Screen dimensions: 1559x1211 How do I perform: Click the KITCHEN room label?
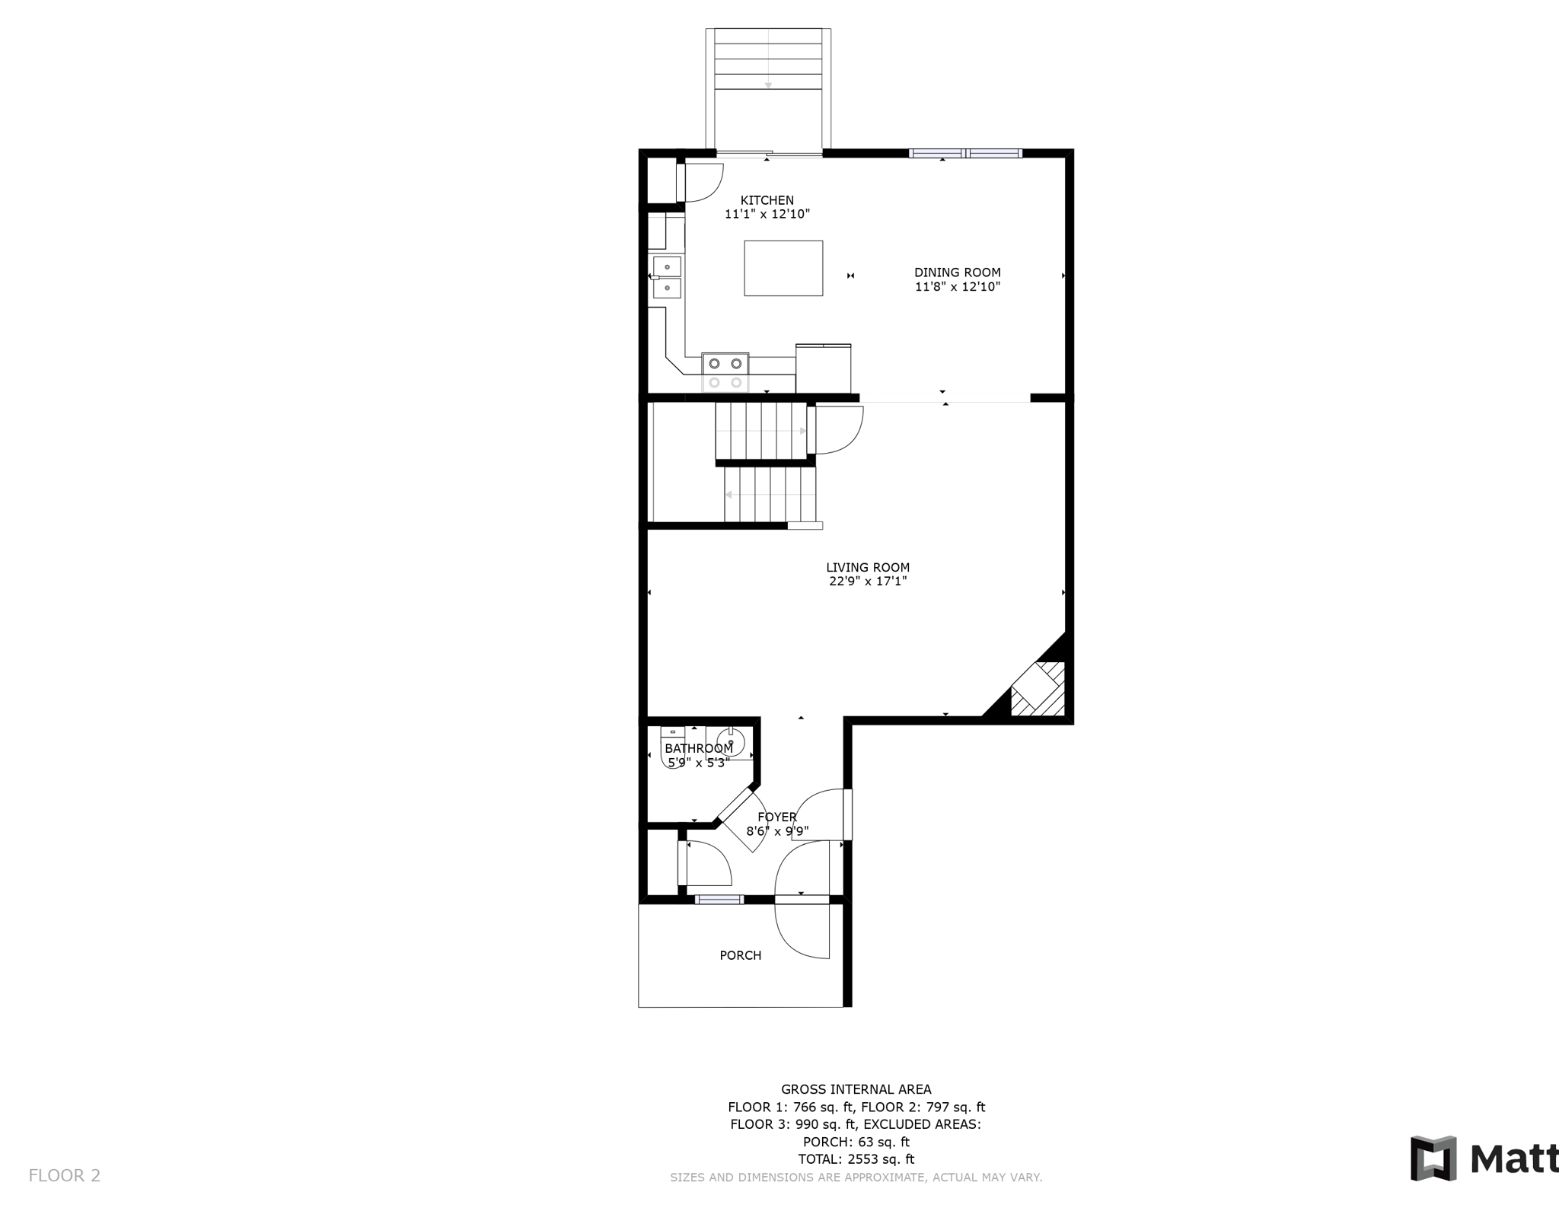click(x=767, y=201)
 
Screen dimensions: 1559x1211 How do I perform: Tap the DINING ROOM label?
click(x=958, y=272)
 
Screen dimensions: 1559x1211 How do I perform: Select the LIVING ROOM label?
click(x=868, y=567)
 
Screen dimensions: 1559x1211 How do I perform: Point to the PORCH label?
click(x=741, y=955)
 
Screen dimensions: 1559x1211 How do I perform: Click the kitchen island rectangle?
click(x=783, y=268)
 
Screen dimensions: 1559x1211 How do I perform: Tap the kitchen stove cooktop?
click(x=725, y=373)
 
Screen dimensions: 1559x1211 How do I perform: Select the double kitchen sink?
click(x=667, y=277)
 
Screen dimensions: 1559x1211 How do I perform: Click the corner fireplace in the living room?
click(x=1037, y=689)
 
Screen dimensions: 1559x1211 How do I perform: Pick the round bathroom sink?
click(x=731, y=741)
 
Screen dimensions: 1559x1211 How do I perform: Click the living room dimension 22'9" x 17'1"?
click(x=868, y=582)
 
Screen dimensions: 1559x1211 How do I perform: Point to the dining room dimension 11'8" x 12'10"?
click(x=958, y=287)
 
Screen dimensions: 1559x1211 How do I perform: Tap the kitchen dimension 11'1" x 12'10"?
click(x=767, y=215)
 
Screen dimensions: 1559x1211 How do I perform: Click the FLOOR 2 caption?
click(x=65, y=1176)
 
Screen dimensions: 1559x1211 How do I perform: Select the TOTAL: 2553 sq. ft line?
click(x=856, y=1159)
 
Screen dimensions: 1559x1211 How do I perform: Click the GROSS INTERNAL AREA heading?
click(x=856, y=1089)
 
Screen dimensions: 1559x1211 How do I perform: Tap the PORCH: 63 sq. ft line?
click(x=856, y=1142)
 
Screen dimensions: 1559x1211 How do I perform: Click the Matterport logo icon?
click(x=1433, y=1158)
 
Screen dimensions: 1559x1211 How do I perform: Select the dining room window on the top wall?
click(x=965, y=153)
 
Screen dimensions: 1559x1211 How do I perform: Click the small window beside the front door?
click(x=719, y=900)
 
